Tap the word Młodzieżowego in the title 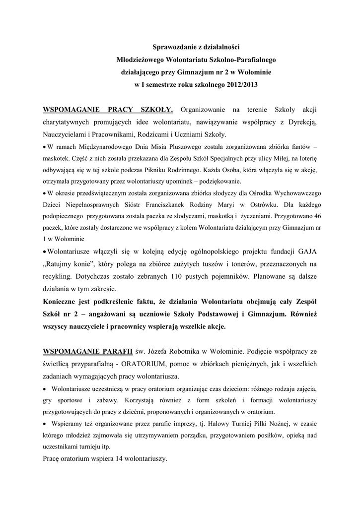tap(140, 60)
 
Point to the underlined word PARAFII tap(118, 352)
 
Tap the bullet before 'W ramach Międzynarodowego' tap(45, 148)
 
